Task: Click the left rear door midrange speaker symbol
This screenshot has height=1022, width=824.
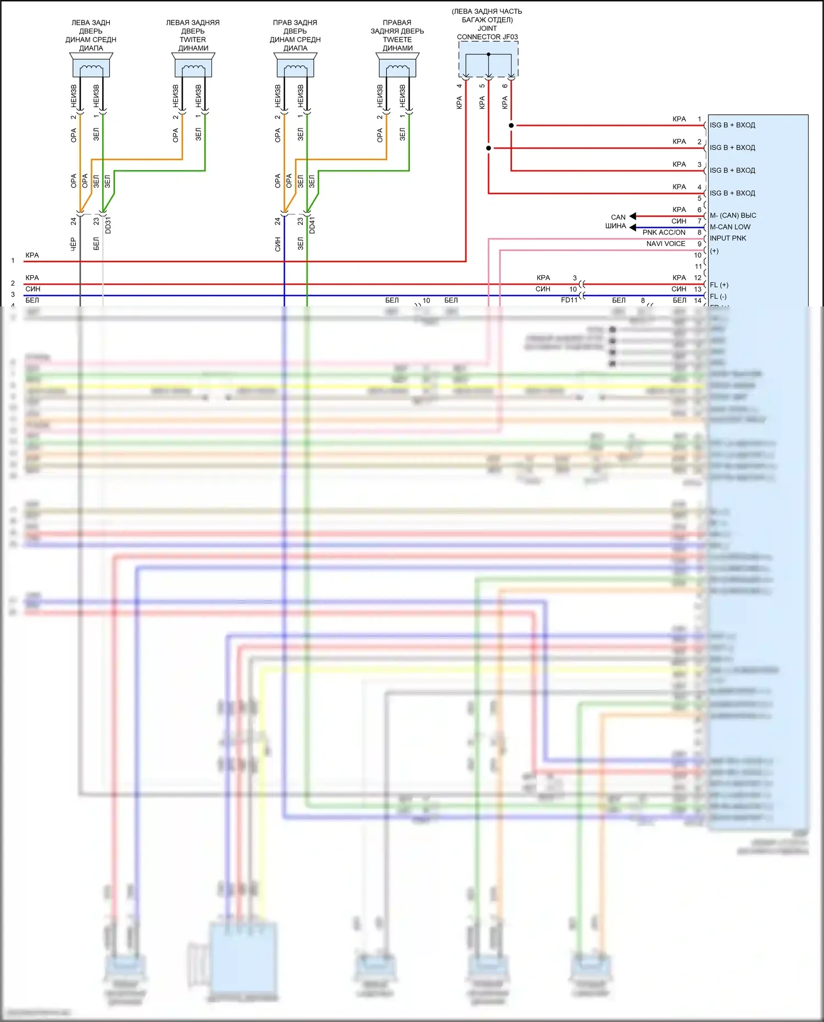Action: click(x=91, y=65)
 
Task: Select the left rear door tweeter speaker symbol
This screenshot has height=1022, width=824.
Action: click(x=193, y=65)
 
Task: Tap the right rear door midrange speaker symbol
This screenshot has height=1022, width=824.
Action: click(x=296, y=65)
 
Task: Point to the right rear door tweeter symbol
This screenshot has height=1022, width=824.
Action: click(x=398, y=65)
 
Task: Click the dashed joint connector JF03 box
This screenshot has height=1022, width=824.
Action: click(x=488, y=59)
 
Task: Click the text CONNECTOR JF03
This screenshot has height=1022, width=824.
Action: click(x=487, y=37)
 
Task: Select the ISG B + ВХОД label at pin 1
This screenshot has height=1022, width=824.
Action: click(x=732, y=125)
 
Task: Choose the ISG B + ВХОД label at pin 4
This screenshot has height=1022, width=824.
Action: click(x=732, y=193)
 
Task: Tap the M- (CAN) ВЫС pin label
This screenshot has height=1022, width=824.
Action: click(x=733, y=216)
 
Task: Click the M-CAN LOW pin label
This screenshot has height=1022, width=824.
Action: click(x=730, y=227)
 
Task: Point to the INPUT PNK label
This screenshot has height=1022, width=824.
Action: click(x=728, y=238)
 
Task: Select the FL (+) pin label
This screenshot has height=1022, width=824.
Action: click(x=719, y=285)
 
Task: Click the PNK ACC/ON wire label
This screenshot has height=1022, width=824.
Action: click(x=664, y=233)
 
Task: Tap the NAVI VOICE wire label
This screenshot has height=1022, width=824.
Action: click(x=666, y=244)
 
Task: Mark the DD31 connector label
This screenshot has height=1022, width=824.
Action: click(x=108, y=225)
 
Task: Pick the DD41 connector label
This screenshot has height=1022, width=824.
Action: click(x=313, y=225)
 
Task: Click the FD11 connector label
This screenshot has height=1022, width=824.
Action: click(x=569, y=300)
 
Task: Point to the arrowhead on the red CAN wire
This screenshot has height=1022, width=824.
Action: click(x=633, y=216)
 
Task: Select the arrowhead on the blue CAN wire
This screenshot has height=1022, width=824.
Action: click(x=633, y=227)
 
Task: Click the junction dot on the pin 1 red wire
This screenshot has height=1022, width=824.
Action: click(x=511, y=126)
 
